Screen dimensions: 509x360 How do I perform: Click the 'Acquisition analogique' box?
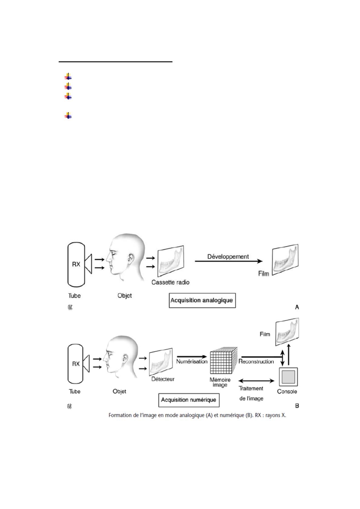click(x=202, y=300)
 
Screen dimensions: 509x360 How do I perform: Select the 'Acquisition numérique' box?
click(x=188, y=400)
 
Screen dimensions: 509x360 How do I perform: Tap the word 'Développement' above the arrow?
click(x=228, y=256)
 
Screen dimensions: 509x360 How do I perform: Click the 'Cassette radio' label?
click(x=170, y=282)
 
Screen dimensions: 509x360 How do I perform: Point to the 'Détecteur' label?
click(x=163, y=379)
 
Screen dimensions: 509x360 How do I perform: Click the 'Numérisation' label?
click(x=192, y=361)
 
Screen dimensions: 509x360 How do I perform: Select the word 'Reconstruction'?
click(x=256, y=361)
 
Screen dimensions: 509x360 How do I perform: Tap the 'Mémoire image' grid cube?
click(x=223, y=361)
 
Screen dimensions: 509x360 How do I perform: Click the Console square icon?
click(x=288, y=377)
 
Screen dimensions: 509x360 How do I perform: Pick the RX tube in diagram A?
click(x=76, y=264)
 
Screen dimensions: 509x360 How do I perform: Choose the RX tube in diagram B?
click(x=76, y=364)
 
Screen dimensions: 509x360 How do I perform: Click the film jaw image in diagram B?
click(x=287, y=332)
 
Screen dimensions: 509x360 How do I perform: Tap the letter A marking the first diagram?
click(x=297, y=307)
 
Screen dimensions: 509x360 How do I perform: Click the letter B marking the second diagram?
click(x=297, y=406)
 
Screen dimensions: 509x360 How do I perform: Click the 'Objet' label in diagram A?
click(x=124, y=295)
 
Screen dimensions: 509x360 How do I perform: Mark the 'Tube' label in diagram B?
click(x=74, y=391)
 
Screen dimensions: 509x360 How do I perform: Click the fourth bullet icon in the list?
click(x=68, y=115)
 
